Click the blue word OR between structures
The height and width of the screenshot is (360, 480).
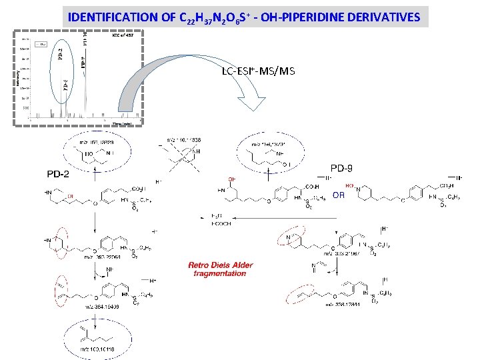pyautogui.click(x=340, y=195)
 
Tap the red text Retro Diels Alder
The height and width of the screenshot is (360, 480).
pyautogui.click(x=221, y=265)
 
